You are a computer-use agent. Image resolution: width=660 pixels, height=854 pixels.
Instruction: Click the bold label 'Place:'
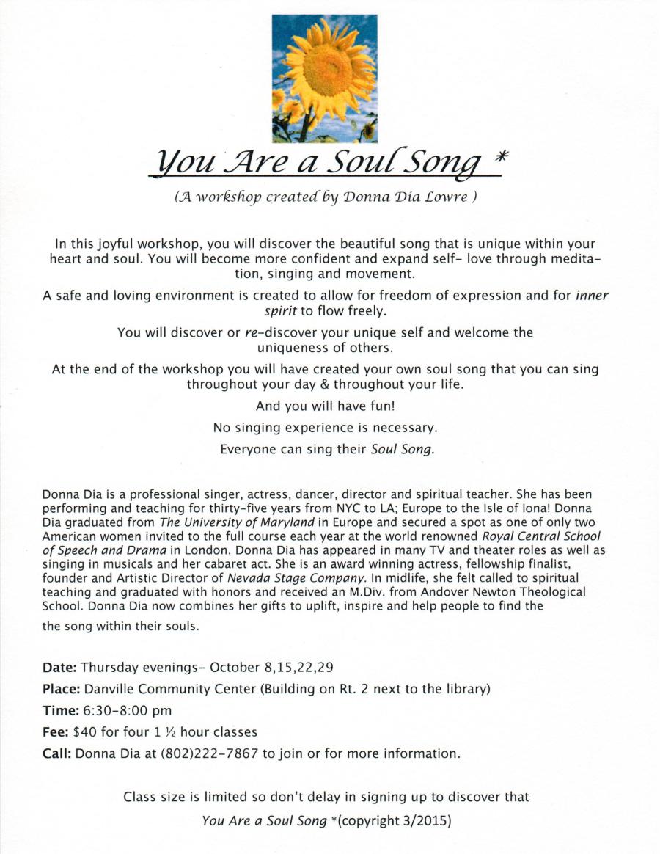tap(62, 689)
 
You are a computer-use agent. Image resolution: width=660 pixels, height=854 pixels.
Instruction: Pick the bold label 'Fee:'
tap(56, 731)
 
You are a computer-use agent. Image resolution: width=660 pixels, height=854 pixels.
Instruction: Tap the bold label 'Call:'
tap(57, 753)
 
